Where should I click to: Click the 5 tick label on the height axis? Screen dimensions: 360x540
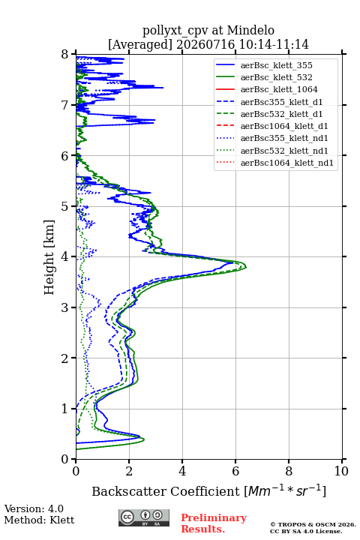pos(65,206)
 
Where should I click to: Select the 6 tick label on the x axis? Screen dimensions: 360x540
pos(235,471)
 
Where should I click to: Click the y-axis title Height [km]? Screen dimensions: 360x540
pos(49,257)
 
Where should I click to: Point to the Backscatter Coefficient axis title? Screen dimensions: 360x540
pos(208,490)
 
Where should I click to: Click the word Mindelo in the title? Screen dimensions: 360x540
pos(250,31)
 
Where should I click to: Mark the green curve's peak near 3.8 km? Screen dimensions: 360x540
pos(246,266)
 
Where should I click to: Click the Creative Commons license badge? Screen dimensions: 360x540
pos(144,517)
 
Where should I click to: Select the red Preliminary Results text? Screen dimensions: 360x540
pos(214,523)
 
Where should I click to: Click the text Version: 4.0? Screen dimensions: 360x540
pos(34,508)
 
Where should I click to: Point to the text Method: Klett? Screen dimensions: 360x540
pos(39,520)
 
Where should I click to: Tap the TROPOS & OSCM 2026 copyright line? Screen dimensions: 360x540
pos(313,524)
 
